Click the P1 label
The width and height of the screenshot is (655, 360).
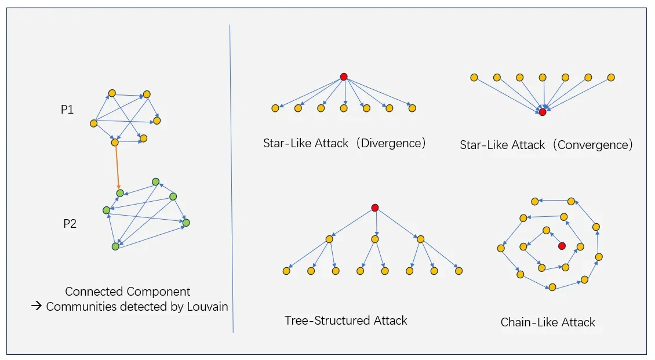[x=67, y=110]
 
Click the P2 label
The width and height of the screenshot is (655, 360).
[x=70, y=224]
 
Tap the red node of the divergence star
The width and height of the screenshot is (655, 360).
[x=344, y=77]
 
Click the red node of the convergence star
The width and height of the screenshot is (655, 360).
[x=543, y=112]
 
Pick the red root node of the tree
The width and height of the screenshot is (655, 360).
[x=375, y=208]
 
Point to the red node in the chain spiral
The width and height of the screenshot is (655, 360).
[x=562, y=246]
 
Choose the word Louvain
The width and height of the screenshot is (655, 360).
[x=207, y=307]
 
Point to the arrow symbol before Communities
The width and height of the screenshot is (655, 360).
[x=37, y=307]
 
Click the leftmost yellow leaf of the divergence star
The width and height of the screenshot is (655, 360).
[x=275, y=108]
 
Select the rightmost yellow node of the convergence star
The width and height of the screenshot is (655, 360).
[x=611, y=78]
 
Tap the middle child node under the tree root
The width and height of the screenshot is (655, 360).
[x=375, y=239]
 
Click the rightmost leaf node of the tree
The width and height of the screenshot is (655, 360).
[x=458, y=271]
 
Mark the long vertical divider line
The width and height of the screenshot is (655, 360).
[x=231, y=174]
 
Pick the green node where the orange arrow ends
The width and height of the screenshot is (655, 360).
[x=119, y=192]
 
